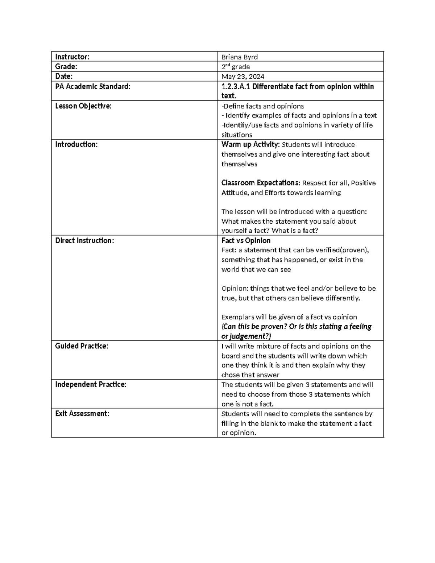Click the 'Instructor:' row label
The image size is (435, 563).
tap(72, 57)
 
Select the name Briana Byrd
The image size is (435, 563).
tap(240, 57)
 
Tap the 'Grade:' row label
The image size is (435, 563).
tap(66, 66)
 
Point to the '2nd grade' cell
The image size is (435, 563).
tap(236, 67)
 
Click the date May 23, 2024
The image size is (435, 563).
tap(243, 76)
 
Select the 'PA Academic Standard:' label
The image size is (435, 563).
tap(92, 86)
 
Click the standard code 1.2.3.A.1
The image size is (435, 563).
tap(236, 86)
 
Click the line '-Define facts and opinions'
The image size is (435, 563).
tap(262, 106)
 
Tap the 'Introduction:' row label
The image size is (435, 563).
tap(76, 144)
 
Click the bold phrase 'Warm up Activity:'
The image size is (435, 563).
tap(250, 145)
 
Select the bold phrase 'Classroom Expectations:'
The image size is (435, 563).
tap(261, 183)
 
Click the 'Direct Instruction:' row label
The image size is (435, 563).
tap(84, 240)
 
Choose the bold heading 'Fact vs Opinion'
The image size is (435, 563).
tap(246, 240)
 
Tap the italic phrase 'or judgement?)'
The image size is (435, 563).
tap(246, 336)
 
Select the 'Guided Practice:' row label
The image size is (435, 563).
tap(82, 346)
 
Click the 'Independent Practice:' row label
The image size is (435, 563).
tap(91, 384)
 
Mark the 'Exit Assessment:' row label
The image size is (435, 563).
tap(82, 413)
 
